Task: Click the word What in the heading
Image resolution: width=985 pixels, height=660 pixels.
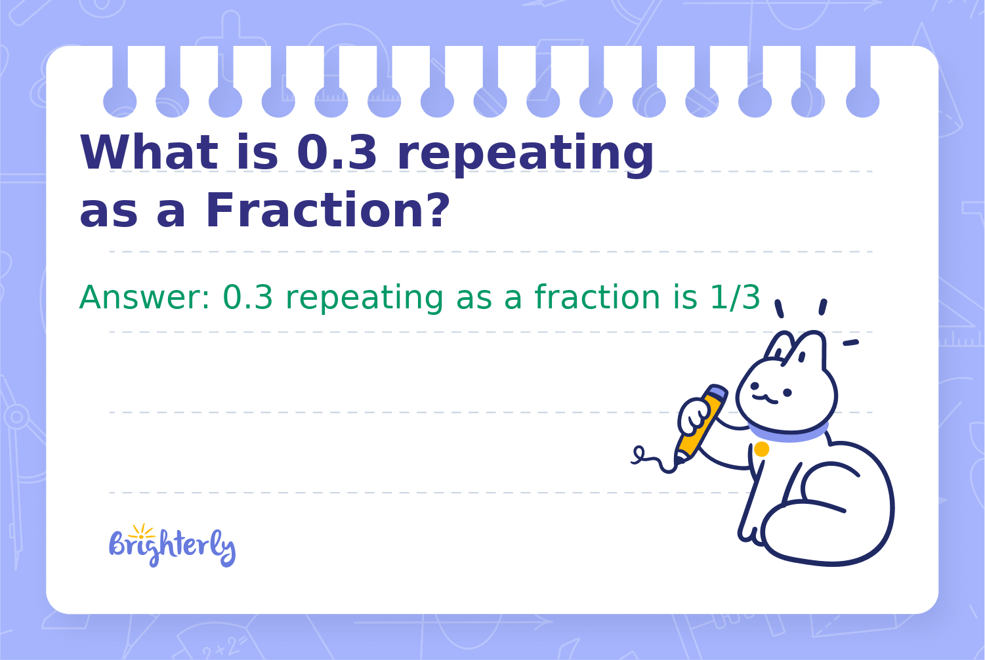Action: (x=149, y=152)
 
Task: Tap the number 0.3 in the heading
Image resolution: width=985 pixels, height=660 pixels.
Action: (x=337, y=152)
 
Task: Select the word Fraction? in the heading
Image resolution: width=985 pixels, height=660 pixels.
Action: (x=328, y=210)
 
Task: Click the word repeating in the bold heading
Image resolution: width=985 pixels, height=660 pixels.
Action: (x=525, y=155)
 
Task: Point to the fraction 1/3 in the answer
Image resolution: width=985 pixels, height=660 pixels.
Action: (x=735, y=297)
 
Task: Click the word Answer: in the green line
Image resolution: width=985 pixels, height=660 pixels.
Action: (x=144, y=297)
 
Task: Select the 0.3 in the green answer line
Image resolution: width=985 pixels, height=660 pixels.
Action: (x=247, y=297)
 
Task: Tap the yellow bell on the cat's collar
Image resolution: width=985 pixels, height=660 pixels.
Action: (x=762, y=449)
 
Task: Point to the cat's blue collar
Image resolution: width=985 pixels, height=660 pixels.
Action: (x=789, y=434)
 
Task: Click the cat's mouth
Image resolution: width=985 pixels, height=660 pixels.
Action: (x=765, y=399)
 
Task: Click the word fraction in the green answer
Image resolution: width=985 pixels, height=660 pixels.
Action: (x=598, y=297)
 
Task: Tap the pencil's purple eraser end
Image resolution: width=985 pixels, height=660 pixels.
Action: (x=717, y=392)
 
